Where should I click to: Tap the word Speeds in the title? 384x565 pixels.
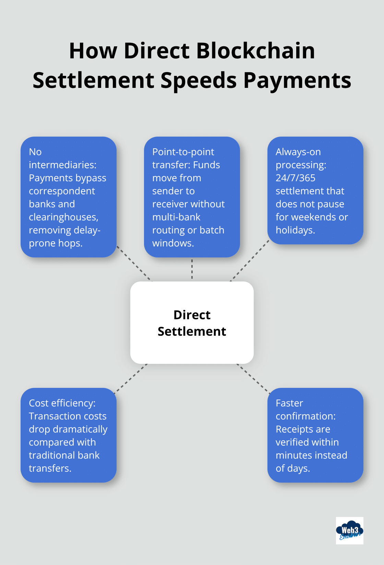click(199, 80)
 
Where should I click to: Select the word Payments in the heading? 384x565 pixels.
click(297, 80)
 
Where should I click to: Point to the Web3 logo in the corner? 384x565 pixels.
click(349, 531)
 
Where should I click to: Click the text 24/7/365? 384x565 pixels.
click(295, 178)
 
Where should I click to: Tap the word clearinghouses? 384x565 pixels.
click(63, 217)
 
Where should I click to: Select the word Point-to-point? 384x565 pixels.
click(183, 152)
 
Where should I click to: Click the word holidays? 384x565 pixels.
click(295, 230)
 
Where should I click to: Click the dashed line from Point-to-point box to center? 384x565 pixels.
click(192, 269)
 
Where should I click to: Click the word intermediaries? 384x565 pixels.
click(62, 165)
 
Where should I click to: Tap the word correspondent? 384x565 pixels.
click(62, 191)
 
